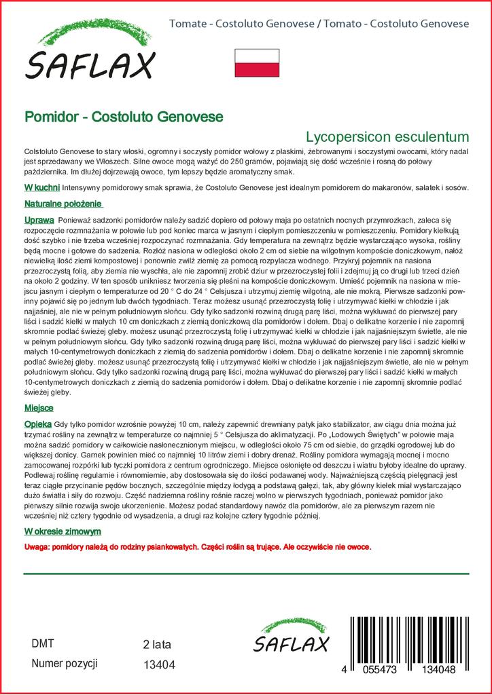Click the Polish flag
(257, 63)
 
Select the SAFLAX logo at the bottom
(291, 638)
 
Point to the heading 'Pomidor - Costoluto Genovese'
(124, 116)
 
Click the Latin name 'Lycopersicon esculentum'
(387, 135)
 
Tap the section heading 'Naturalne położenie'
(63, 204)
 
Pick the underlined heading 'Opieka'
(39, 422)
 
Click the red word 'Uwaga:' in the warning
(37, 546)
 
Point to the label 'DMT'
(43, 643)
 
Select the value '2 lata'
(157, 644)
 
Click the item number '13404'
(160, 664)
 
